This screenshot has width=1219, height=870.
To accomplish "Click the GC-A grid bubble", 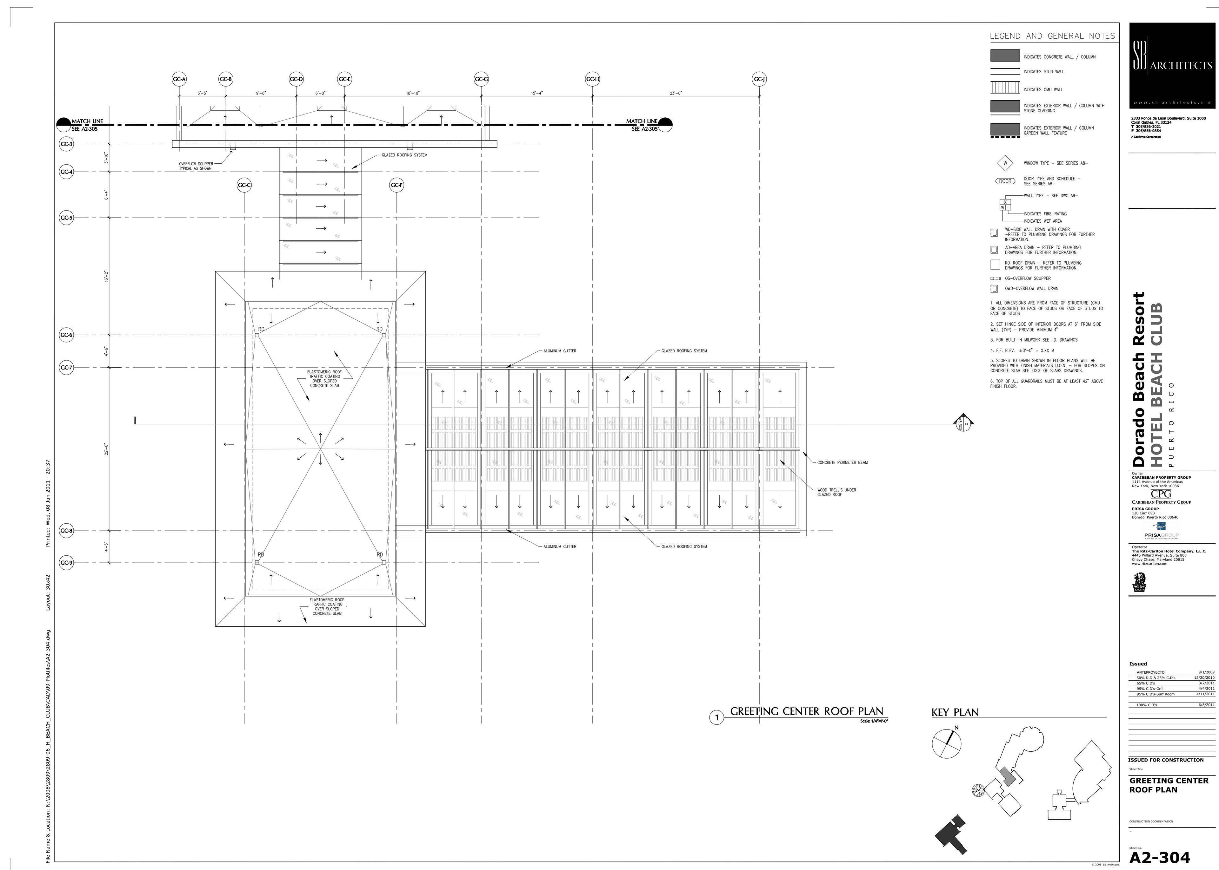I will pos(179,79).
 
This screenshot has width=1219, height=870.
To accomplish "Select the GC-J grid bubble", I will pos(759,79).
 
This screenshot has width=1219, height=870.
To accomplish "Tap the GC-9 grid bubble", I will pos(66,562).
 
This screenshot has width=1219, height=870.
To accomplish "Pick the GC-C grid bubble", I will pos(244,185).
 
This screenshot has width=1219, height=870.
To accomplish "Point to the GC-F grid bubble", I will pos(397,185).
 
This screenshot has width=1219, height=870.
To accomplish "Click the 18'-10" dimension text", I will pos(413,93).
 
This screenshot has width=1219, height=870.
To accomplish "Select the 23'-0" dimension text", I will pos(676,93).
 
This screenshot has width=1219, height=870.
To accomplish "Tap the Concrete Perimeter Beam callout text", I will pos(842,462).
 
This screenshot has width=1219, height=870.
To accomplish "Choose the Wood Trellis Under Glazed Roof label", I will pos(836,492).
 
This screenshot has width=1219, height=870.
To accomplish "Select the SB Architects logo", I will pos(1172,65).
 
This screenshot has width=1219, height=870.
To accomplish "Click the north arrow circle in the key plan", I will pos(947,744).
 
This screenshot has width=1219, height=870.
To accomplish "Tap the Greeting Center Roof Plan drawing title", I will pos(807,711).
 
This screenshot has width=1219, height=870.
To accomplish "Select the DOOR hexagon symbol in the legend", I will pos(1005,181).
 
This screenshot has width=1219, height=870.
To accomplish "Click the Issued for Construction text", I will pos(1165,760).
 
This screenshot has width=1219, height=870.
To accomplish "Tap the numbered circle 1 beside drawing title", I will pos(717,718).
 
